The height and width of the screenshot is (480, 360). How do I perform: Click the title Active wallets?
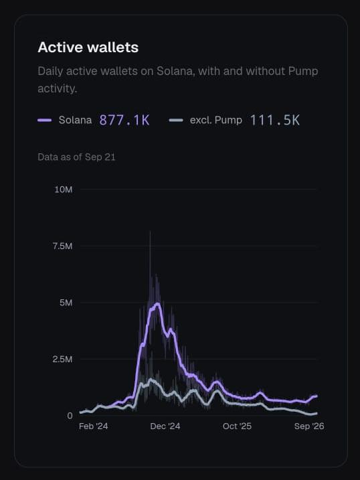[x=88, y=47]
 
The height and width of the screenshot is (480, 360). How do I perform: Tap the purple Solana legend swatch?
[x=44, y=121]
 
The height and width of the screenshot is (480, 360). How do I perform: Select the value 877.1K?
[x=124, y=120]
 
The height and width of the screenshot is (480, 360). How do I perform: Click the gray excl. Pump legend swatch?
[x=176, y=121]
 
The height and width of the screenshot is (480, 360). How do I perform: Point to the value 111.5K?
[x=274, y=120]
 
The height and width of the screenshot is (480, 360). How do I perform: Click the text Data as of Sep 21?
[x=76, y=157]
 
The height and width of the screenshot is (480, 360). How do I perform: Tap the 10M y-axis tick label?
[x=64, y=189]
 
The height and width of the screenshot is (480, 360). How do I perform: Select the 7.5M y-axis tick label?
[x=63, y=246]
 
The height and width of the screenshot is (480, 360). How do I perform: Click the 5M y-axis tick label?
[x=66, y=303]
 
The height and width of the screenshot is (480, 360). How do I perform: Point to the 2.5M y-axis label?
[x=63, y=359]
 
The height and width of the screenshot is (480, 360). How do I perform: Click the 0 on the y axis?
[x=70, y=416]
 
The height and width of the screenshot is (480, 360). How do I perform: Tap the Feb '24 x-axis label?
[x=93, y=426]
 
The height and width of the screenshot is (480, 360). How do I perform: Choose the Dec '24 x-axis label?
[x=165, y=426]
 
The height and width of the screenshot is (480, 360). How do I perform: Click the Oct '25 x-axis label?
[x=237, y=426]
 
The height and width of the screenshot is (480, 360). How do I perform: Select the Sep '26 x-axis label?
[x=309, y=426]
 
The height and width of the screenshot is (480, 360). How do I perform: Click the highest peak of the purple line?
[x=158, y=304]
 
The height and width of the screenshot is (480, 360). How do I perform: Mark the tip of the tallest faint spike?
[x=150, y=231]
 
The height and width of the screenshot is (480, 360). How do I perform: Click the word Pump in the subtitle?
[x=303, y=72]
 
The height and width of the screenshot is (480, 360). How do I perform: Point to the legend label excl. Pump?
[x=216, y=120]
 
